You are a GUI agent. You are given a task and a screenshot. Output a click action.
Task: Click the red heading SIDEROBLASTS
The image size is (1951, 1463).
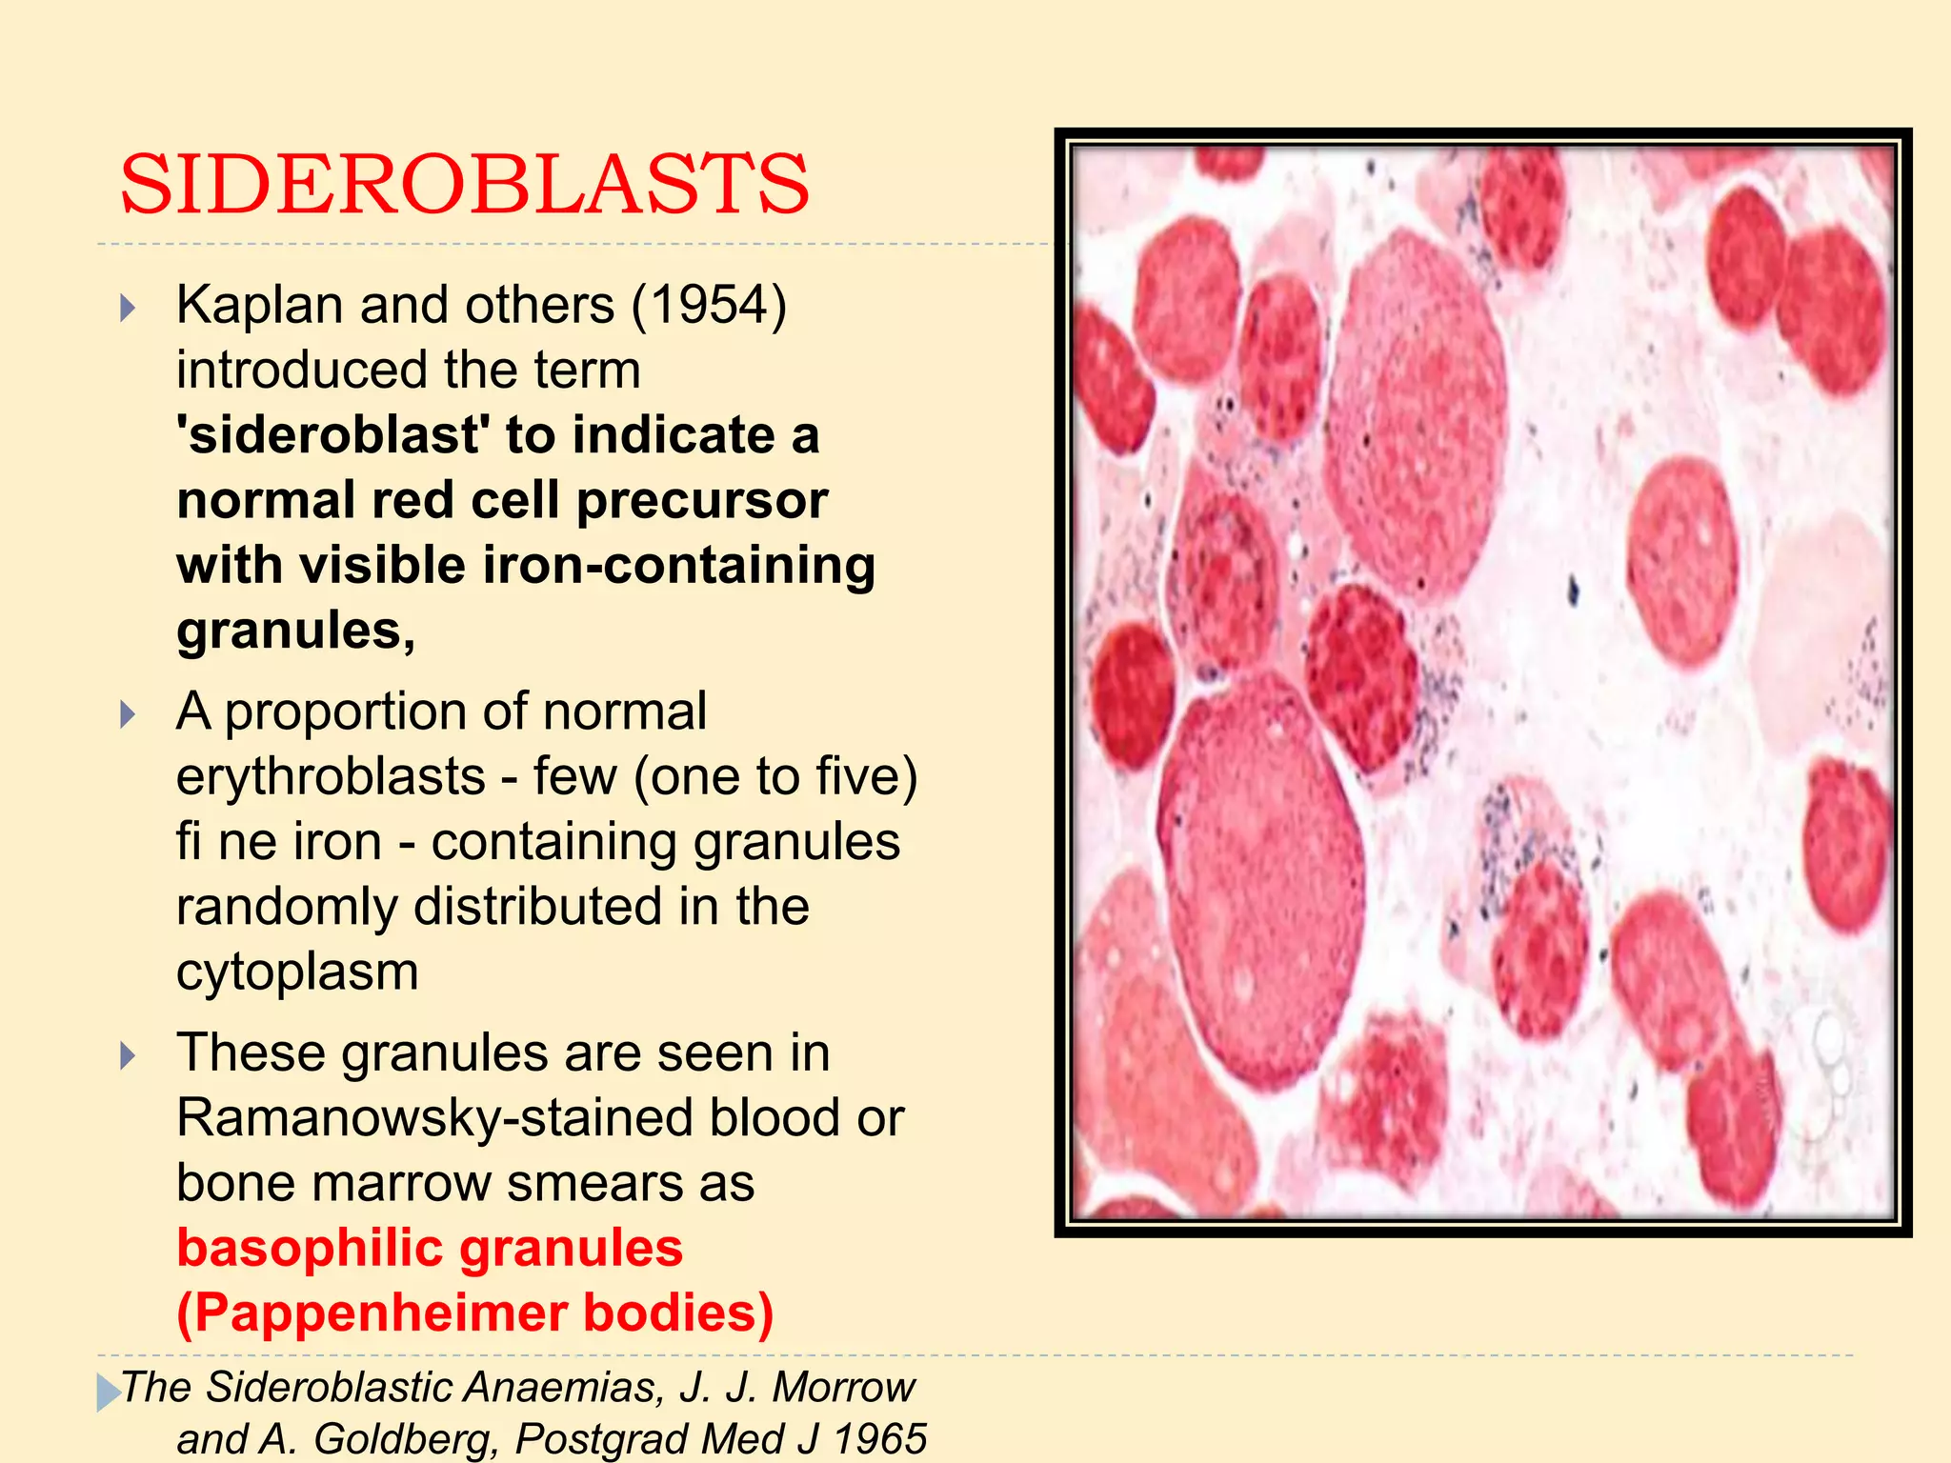pos(464,184)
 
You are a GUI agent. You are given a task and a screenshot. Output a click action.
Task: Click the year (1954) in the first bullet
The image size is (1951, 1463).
pos(709,306)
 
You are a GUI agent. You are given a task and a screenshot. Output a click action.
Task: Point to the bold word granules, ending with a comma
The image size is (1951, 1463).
pos(295,631)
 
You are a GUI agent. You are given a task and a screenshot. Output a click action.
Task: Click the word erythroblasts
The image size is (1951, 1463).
pos(331,776)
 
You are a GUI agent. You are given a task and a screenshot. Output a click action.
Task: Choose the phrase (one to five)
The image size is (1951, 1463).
pos(775,776)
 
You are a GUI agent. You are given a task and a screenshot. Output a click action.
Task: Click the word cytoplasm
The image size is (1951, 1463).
pos(297,972)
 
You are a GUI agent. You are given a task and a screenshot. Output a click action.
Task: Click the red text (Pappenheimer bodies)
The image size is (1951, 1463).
pos(474,1313)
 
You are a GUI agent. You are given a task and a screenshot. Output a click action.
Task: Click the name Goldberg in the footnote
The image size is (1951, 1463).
pos(407,1438)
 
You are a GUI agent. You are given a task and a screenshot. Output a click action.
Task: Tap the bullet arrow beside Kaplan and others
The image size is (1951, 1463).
pos(129,308)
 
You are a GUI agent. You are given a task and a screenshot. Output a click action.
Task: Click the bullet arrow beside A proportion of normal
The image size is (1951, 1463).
pos(129,714)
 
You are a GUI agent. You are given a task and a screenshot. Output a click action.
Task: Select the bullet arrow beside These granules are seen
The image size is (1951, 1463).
pos(129,1055)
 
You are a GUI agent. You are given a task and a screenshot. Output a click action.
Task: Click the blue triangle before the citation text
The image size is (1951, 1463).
pos(108,1392)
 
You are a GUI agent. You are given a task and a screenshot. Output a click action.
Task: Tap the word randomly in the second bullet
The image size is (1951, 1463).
pos(286,907)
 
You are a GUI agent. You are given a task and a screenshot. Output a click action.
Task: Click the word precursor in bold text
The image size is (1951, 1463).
pos(702,500)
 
